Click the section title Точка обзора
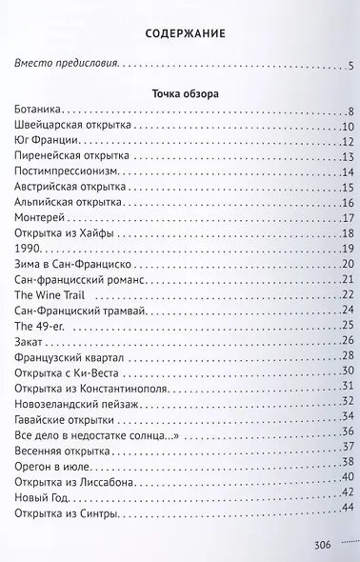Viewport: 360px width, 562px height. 179,95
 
